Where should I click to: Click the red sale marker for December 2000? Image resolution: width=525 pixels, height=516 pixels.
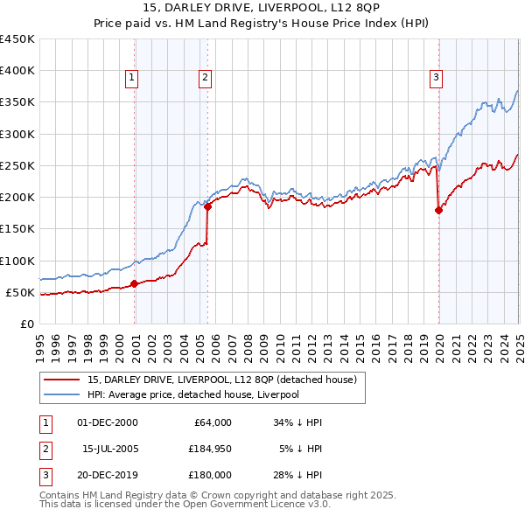coord(135,283)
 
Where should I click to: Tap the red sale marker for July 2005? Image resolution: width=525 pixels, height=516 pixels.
coord(208,207)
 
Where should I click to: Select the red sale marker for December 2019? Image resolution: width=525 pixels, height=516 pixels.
coord(439,210)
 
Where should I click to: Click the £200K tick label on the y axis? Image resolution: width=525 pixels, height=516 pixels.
coord(17,198)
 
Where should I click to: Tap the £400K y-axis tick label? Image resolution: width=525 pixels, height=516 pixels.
coord(17,71)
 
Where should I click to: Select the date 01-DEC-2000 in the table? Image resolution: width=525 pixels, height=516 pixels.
coord(108,422)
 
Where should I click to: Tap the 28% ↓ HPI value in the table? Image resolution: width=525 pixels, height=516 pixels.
coord(297,476)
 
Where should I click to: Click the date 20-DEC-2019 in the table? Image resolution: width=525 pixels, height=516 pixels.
coord(108,476)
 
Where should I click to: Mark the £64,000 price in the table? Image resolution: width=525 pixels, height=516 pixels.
coord(210,422)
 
